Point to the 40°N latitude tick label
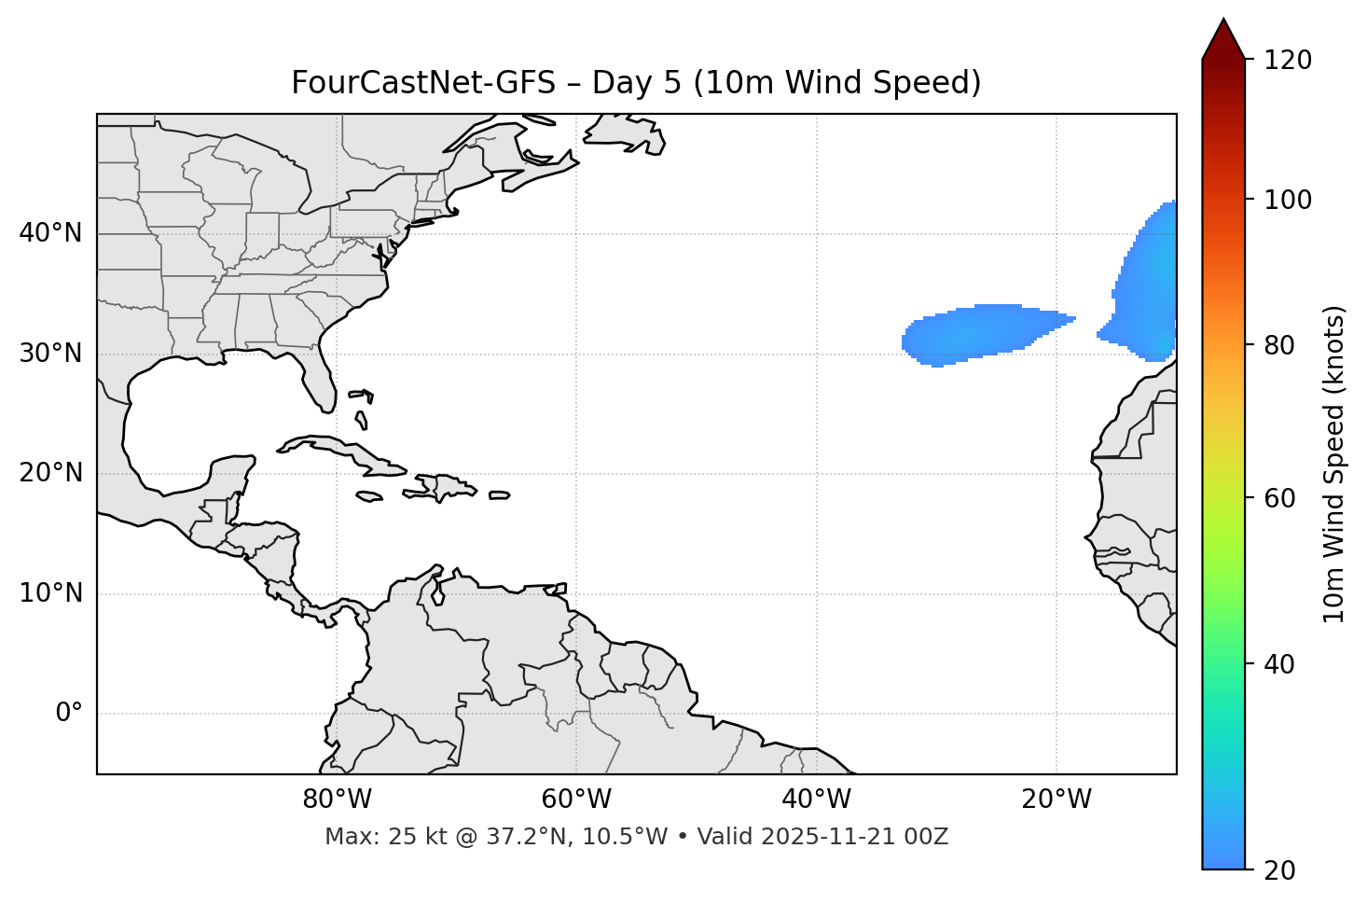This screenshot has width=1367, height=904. point(50,233)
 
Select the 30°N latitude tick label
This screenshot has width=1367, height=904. point(50,354)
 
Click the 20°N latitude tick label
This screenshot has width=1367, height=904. point(50,473)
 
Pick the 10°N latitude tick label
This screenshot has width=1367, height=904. point(50,593)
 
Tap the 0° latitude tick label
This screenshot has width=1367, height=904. point(69,714)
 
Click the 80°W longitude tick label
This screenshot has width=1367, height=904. point(337,800)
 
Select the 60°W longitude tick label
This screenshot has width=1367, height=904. point(576,800)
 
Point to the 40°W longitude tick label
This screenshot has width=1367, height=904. point(817,800)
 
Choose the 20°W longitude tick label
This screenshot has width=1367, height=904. point(1056,800)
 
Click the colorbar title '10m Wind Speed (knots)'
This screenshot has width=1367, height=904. point(1334,464)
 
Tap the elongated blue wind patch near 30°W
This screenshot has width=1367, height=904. point(979,331)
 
